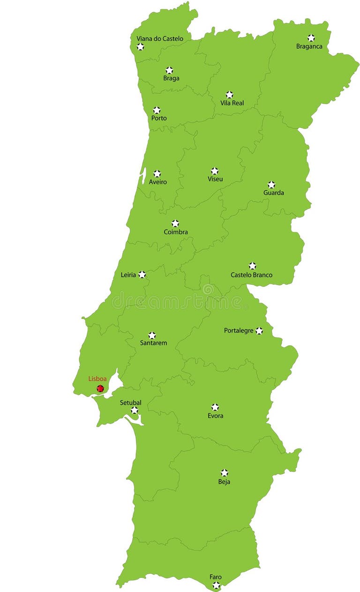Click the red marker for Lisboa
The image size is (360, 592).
tap(100, 388)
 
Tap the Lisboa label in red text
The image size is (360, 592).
tap(97, 379)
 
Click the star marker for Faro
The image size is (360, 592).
tap(216, 585)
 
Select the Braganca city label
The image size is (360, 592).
tap(309, 46)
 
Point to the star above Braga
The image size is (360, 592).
tap(169, 70)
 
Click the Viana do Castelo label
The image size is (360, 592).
tap(160, 38)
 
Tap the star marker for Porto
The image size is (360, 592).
tap(157, 110)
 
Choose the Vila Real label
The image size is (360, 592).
tap(232, 103)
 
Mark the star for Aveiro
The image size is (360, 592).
tap(157, 174)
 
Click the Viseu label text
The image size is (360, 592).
tap(216, 179)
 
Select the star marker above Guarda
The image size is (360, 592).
tap(271, 184)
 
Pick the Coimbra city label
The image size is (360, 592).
tap(176, 232)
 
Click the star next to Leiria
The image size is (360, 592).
tap(142, 274)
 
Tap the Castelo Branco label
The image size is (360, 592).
tap(251, 275)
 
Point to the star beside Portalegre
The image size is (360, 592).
tap(259, 331)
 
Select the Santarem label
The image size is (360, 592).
tap(153, 343)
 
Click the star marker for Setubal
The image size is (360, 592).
tap(135, 410)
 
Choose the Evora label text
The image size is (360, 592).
tap(216, 416)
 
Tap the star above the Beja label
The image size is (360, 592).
tap(225, 473)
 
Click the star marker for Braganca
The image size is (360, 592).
tap(311, 38)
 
